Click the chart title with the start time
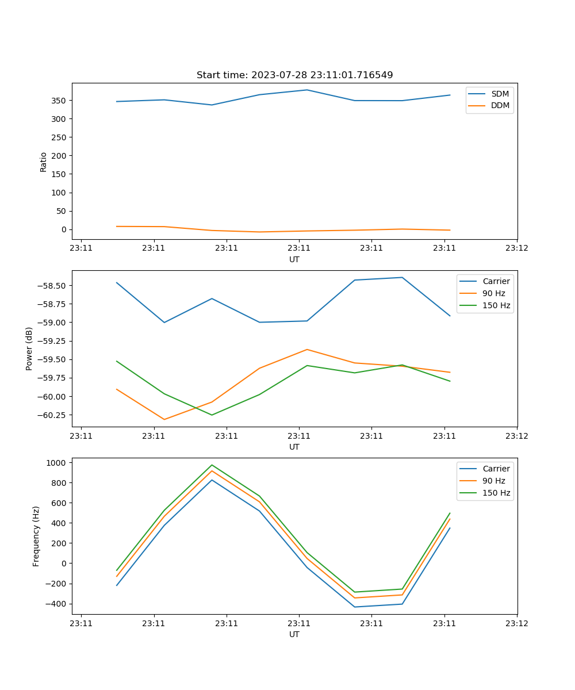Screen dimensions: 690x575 294,75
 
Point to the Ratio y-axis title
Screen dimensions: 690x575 43,162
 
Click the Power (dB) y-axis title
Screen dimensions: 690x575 29,348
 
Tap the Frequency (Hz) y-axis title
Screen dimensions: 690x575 36,536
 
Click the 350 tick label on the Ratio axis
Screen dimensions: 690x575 59,101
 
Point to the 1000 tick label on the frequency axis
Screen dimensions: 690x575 56,462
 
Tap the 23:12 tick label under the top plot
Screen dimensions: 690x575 516,248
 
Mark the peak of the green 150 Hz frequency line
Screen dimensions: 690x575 212,465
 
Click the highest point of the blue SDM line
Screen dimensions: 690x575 307,90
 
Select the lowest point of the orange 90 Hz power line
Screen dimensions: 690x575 164,419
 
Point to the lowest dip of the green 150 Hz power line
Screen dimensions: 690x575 212,415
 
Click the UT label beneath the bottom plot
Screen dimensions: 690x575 294,634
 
